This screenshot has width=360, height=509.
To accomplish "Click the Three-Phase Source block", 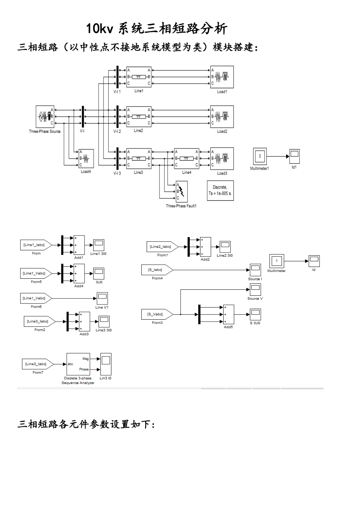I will tap(45, 117).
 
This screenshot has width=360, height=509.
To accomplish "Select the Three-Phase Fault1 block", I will tap(182, 192).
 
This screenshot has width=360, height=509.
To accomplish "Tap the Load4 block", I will tap(86, 158).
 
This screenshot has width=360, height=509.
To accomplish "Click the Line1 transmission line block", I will tap(139, 77).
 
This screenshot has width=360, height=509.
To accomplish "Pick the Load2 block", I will tap(222, 117).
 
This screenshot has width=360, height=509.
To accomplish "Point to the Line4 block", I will tap(186, 159).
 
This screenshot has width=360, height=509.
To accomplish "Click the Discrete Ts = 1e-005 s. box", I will tap(220, 190).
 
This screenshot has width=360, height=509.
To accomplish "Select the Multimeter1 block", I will tap(260, 156).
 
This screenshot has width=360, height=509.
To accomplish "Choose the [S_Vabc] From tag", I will tap(157, 314).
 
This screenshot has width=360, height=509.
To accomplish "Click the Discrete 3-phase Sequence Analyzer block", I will tap(78, 364).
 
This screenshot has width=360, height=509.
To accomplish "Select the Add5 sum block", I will tap(228, 314).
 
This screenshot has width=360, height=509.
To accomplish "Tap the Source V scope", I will tap(255, 290).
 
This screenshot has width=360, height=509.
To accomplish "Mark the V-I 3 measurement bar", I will tap(117, 158).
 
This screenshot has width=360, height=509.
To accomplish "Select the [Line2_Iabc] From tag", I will tap(161, 247).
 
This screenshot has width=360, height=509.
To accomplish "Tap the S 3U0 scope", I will tap(255, 314).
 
